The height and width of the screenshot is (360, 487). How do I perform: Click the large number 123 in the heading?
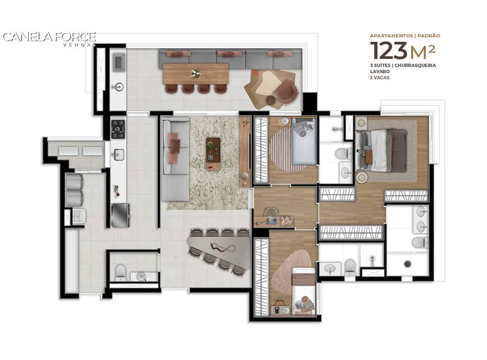389,50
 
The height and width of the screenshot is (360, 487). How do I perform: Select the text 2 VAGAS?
380,78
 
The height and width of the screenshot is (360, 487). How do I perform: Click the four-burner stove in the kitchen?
118,129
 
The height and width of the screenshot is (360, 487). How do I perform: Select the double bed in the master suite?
382,150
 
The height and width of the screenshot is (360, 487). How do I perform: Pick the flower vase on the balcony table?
195,73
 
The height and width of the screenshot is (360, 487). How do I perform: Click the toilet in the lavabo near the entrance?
120,272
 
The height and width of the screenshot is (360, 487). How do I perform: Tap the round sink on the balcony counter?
118,87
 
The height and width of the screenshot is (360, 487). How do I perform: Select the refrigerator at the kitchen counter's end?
120,215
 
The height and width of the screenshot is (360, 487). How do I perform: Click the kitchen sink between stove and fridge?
119,155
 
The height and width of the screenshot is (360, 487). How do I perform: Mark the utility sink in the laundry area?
79,216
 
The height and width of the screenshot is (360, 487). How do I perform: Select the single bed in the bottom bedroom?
303,292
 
